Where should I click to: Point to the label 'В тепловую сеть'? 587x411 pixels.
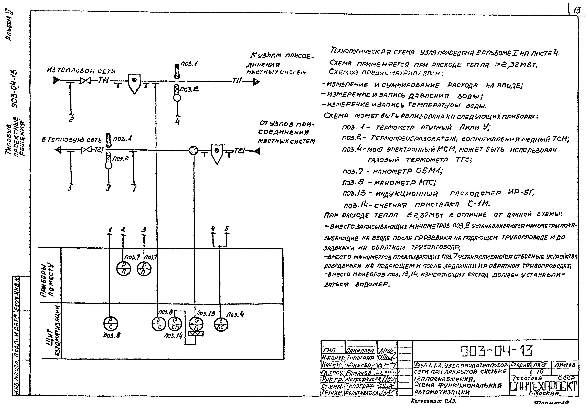pyautogui.click(x=72, y=140)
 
